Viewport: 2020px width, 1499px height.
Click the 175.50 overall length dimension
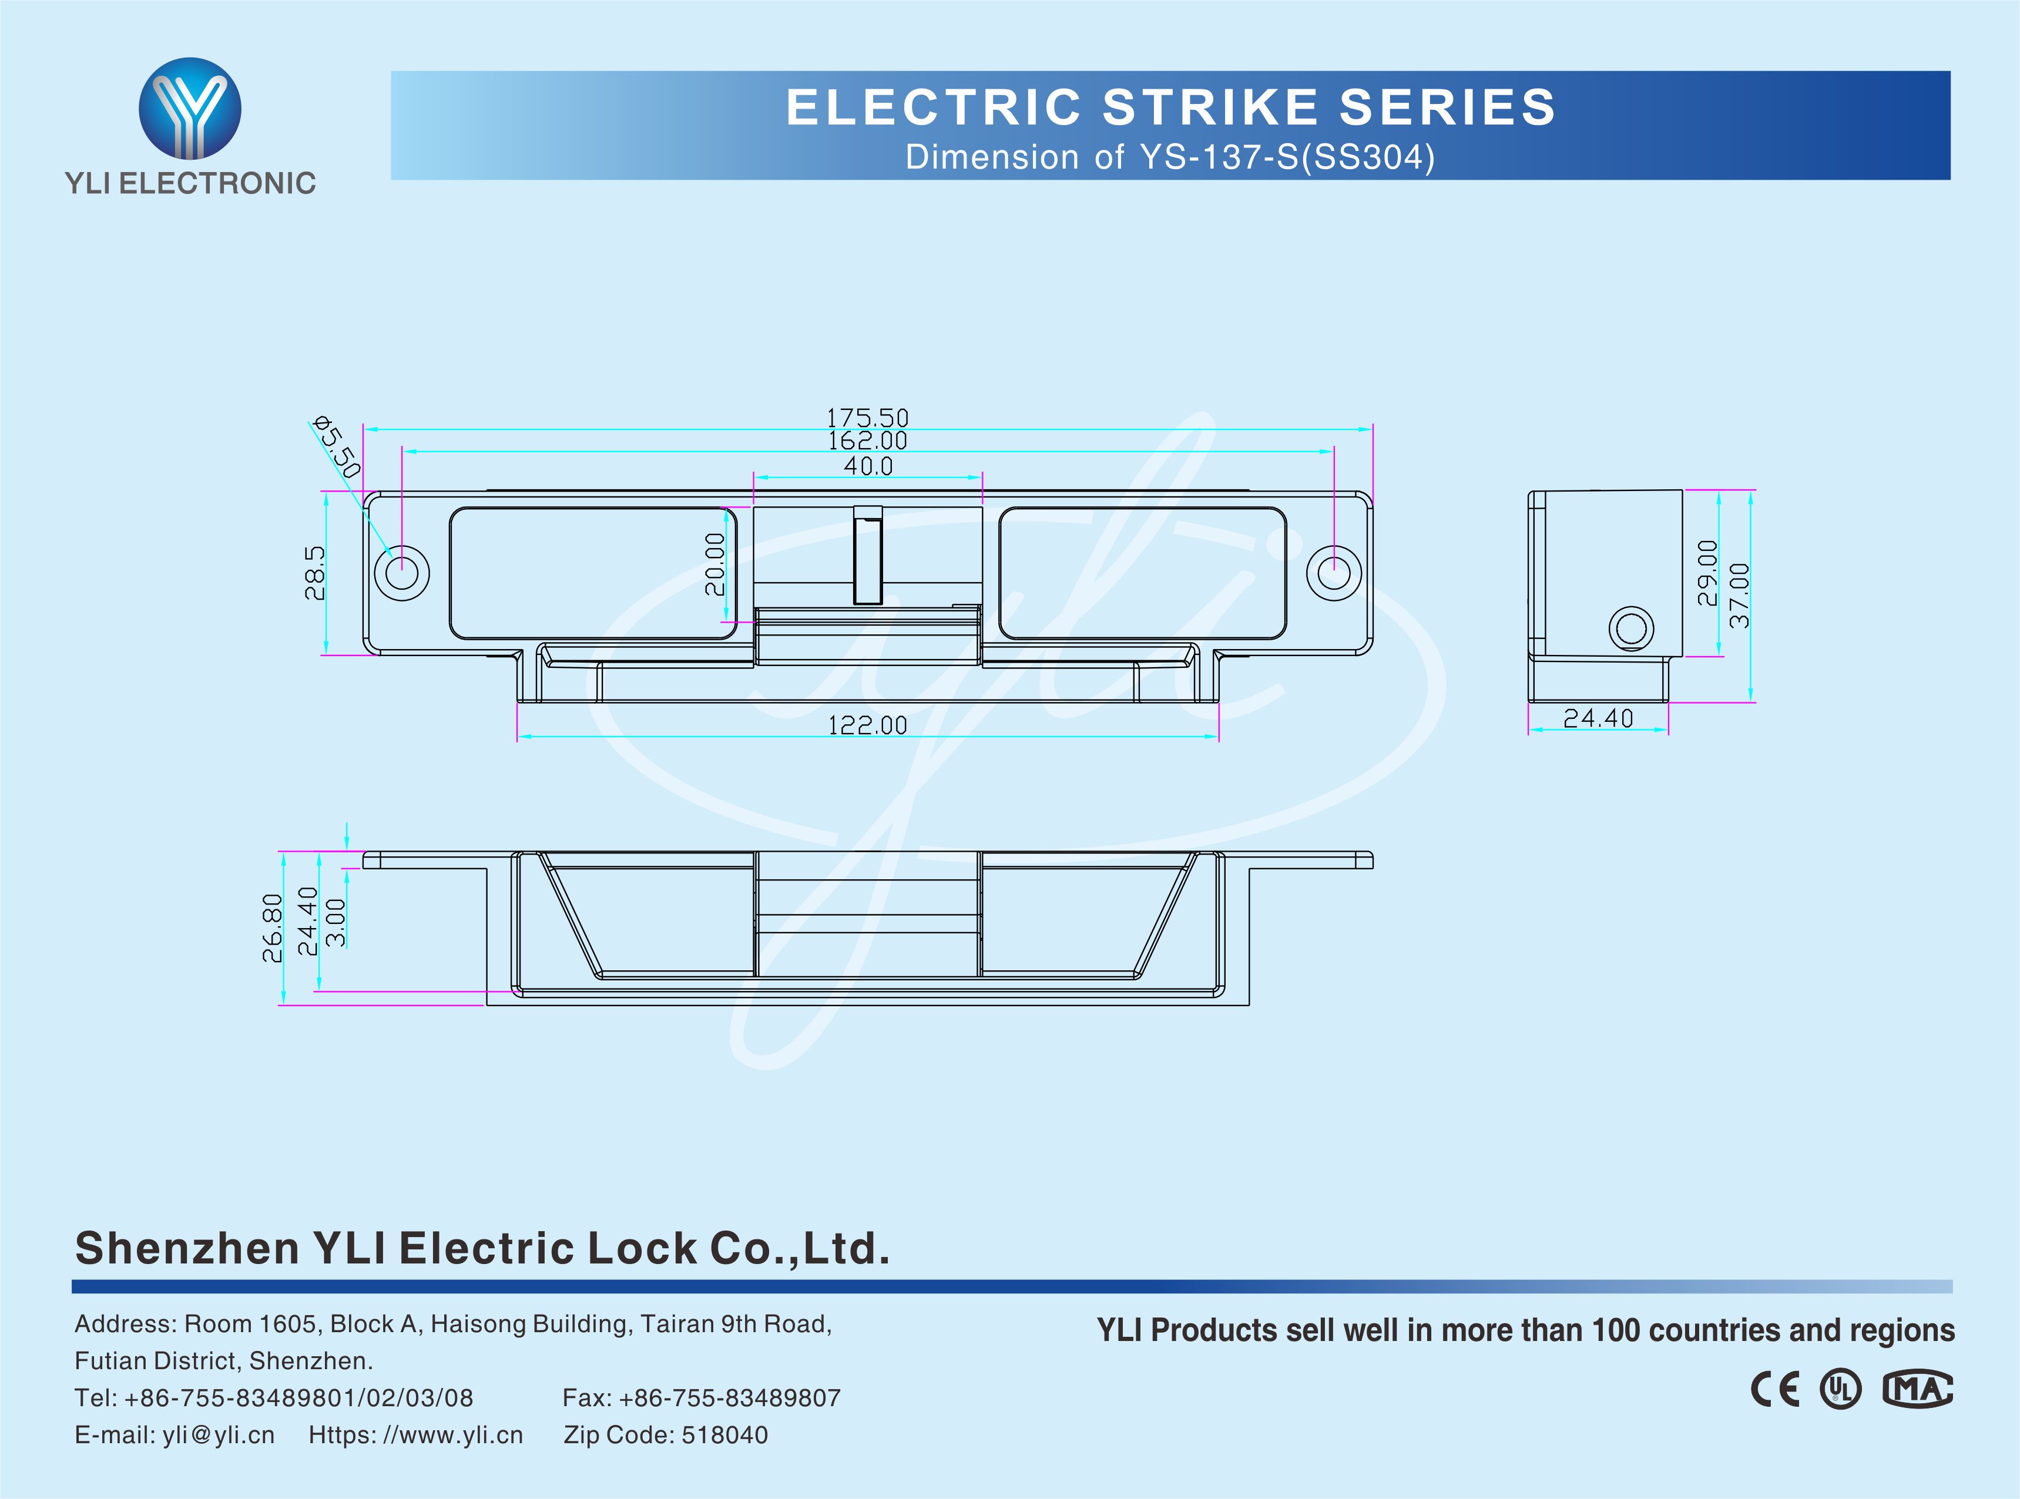point(867,418)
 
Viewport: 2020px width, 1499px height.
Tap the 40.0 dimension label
point(868,466)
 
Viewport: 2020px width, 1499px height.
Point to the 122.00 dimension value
point(867,725)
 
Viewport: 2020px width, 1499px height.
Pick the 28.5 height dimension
point(314,573)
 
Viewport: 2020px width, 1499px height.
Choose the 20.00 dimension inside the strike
point(715,564)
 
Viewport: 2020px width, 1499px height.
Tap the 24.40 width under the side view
point(1598,718)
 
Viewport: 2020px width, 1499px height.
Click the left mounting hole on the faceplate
point(402,573)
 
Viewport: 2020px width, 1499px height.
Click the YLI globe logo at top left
point(190,109)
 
